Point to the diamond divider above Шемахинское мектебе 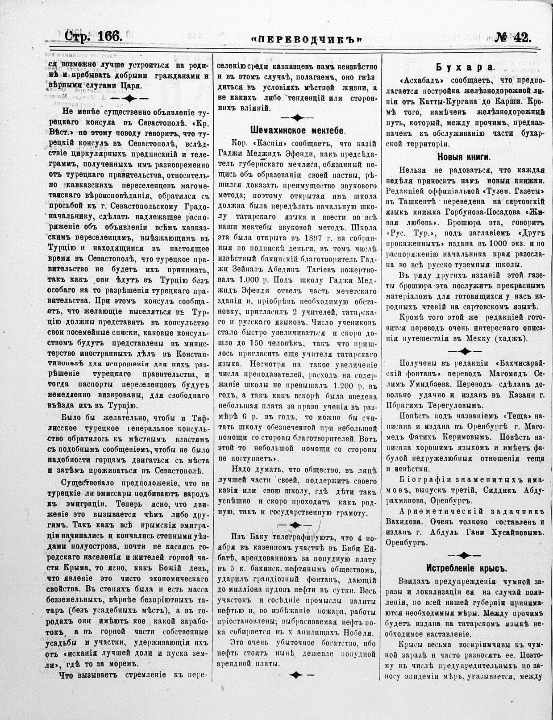pos(297,118)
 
